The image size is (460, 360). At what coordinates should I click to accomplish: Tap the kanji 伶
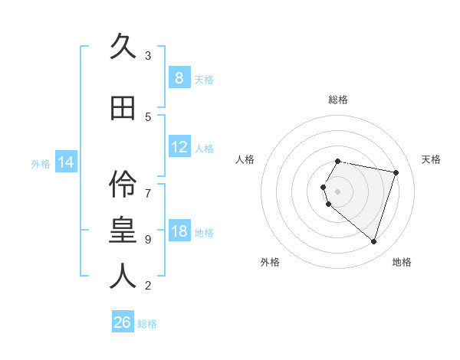(x=123, y=183)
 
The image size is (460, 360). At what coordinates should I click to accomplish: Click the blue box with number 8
(x=179, y=78)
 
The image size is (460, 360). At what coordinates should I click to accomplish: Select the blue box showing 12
(x=179, y=147)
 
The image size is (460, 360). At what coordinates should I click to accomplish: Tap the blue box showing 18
(x=179, y=231)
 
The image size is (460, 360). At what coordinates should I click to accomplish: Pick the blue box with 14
(x=65, y=162)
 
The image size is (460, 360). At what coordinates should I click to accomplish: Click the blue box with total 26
(x=123, y=322)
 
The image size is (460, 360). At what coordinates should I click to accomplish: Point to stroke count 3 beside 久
(x=148, y=55)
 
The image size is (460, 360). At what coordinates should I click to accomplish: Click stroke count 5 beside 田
(x=148, y=116)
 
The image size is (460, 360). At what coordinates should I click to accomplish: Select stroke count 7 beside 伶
(x=148, y=185)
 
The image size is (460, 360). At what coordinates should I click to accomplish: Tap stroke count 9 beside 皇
(x=148, y=239)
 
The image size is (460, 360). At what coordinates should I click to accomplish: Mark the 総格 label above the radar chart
(x=338, y=100)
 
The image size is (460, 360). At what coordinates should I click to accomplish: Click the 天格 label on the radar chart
(x=431, y=159)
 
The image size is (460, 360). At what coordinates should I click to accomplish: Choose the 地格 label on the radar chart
(x=402, y=262)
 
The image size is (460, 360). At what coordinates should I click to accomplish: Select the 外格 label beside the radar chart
(x=270, y=262)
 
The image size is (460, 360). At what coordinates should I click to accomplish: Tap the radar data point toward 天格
(x=396, y=172)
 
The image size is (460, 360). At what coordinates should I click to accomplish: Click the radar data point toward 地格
(x=373, y=241)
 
